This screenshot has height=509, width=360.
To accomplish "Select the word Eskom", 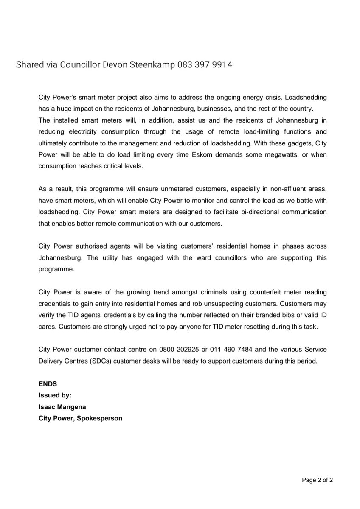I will pos(203,155).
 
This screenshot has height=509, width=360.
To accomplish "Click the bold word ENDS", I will pos(48,383).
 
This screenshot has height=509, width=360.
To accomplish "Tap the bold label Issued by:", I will pos(55,395).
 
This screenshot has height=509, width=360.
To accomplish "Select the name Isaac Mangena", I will pos(62,406).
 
